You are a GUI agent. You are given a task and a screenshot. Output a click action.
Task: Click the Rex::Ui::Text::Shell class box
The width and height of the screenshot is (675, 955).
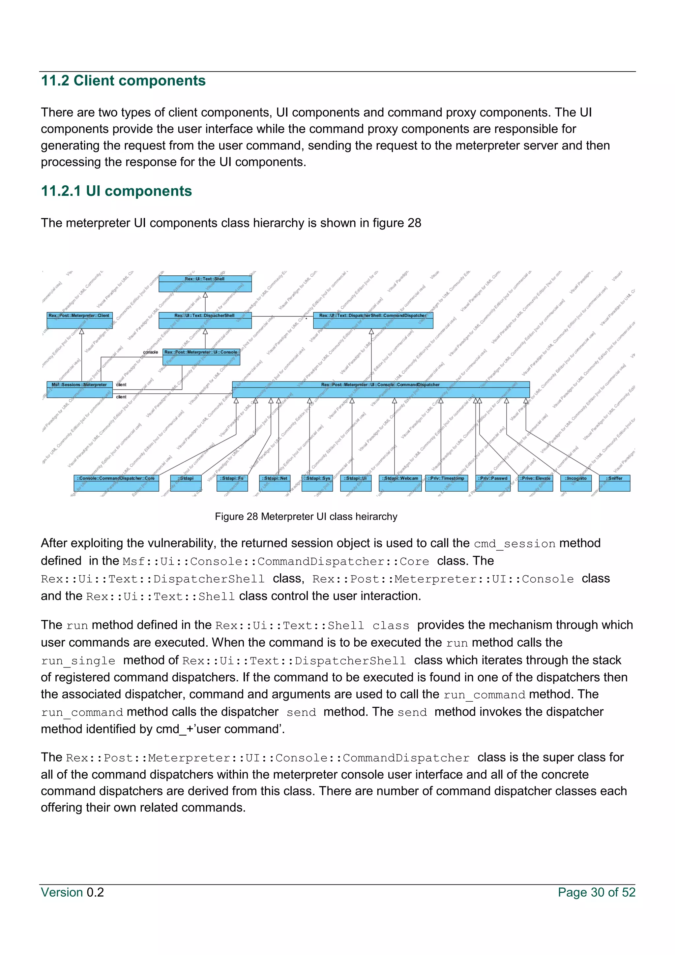205,283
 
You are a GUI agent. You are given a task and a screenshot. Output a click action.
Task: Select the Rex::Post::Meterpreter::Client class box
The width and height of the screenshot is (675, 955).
80,320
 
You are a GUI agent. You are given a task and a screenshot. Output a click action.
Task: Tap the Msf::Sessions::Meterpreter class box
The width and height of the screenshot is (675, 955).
79,389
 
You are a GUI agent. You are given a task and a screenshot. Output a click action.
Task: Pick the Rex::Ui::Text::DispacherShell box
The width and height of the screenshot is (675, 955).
205,320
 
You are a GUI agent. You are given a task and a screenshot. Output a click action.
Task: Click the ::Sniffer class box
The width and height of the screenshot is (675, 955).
614,483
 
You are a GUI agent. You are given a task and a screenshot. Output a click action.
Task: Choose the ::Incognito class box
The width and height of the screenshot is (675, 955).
576,483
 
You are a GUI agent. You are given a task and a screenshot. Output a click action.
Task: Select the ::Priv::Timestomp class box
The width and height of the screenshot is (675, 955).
446,483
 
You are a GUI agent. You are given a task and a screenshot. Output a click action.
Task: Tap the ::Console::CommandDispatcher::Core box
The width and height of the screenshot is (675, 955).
116,483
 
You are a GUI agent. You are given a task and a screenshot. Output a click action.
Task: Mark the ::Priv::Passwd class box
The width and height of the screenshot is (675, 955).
492,483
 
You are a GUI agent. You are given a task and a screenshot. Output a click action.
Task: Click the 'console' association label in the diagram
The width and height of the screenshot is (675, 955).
151,352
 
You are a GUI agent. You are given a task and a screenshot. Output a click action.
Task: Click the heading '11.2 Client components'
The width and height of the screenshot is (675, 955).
123,81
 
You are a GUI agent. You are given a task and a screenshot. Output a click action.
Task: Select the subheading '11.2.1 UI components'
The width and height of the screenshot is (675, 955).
116,191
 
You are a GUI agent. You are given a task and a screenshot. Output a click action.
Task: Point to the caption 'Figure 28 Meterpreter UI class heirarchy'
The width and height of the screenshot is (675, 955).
306,517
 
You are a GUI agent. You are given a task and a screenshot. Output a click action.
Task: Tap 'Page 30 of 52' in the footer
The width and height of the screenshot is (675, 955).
597,892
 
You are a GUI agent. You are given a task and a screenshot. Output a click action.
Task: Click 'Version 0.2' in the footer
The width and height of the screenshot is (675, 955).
72,892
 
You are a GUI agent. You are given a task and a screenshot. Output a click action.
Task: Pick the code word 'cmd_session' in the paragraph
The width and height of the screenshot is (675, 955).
514,544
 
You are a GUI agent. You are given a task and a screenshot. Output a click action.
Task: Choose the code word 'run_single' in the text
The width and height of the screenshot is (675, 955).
78,661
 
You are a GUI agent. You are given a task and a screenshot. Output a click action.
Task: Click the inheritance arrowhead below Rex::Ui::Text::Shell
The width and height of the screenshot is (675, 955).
205,295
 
